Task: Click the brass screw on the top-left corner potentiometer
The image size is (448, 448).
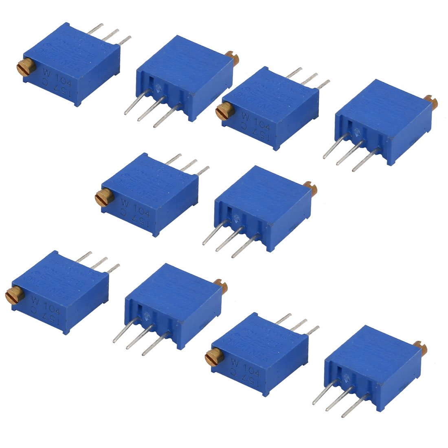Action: click(23, 66)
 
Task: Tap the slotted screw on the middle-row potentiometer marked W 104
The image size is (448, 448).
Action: click(101, 198)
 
